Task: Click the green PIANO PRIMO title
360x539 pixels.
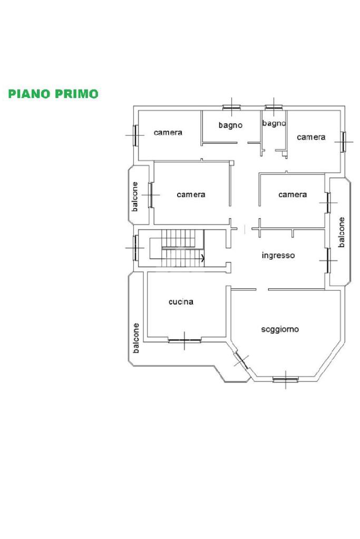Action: (x=53, y=94)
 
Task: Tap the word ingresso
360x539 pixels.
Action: (x=278, y=256)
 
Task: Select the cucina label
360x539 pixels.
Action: (x=181, y=302)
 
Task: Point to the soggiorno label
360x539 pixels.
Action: (x=280, y=329)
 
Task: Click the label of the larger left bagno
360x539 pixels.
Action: (x=230, y=125)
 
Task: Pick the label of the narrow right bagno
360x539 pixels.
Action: (x=274, y=123)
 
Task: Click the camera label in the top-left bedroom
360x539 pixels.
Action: (x=168, y=132)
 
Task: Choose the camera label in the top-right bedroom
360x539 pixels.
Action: (x=311, y=137)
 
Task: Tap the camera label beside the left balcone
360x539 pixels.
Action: (x=191, y=194)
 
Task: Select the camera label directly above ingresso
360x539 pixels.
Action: (x=293, y=194)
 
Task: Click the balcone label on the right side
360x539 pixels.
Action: (x=342, y=232)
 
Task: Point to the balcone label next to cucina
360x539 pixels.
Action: (x=136, y=338)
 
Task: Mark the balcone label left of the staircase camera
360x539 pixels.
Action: (x=135, y=197)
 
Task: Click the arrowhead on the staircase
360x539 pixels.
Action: (x=203, y=258)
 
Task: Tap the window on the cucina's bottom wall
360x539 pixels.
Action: (x=184, y=340)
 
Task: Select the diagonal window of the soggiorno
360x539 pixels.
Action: (x=241, y=361)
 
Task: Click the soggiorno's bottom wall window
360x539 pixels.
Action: (x=285, y=379)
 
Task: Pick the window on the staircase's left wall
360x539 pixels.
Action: (x=135, y=248)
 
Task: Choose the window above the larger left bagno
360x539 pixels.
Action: (x=231, y=108)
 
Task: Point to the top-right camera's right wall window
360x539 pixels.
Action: (x=343, y=141)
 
